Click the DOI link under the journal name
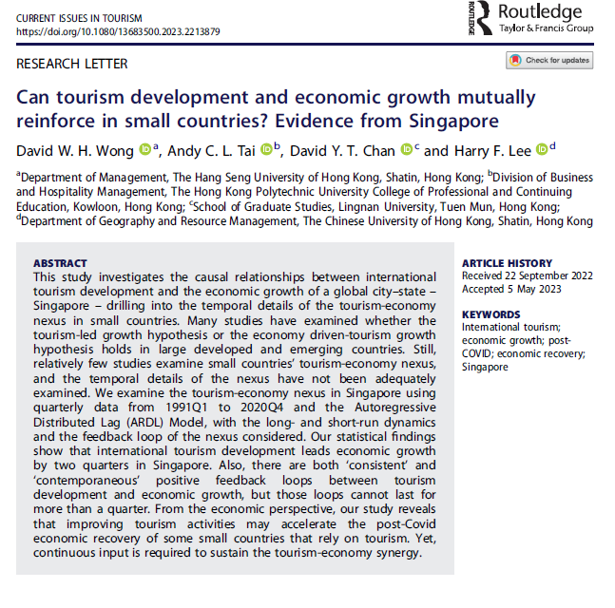click(119, 31)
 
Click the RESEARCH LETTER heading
click(72, 64)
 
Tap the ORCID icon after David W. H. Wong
click(144, 149)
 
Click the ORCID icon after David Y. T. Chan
click(406, 149)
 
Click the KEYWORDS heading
click(492, 314)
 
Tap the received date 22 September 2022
click(559, 275)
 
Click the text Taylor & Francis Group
click(546, 29)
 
